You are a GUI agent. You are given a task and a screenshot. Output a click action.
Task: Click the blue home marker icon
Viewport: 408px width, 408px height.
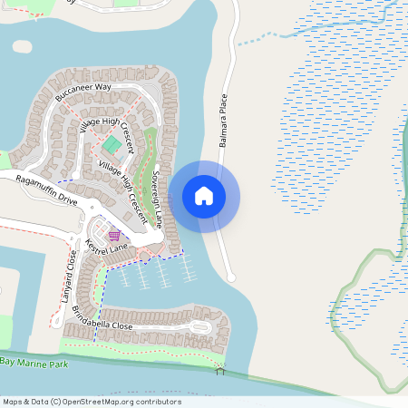tap(204, 196)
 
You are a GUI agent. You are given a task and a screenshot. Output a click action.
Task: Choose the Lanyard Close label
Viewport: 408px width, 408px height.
tap(66, 277)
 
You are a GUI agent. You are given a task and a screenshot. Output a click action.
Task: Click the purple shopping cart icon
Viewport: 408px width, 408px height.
tap(114, 236)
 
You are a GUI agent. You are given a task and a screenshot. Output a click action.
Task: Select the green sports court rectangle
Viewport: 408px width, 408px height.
tap(112, 144)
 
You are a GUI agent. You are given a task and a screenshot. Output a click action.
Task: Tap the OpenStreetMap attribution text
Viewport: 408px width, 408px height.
tap(91, 402)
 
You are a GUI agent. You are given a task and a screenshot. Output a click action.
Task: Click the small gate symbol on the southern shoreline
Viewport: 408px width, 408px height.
tap(219, 369)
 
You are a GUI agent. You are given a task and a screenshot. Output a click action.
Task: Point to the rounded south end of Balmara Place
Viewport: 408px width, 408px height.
tap(231, 277)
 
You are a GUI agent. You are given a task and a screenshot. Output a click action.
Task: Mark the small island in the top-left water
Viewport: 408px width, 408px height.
tap(23, 46)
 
